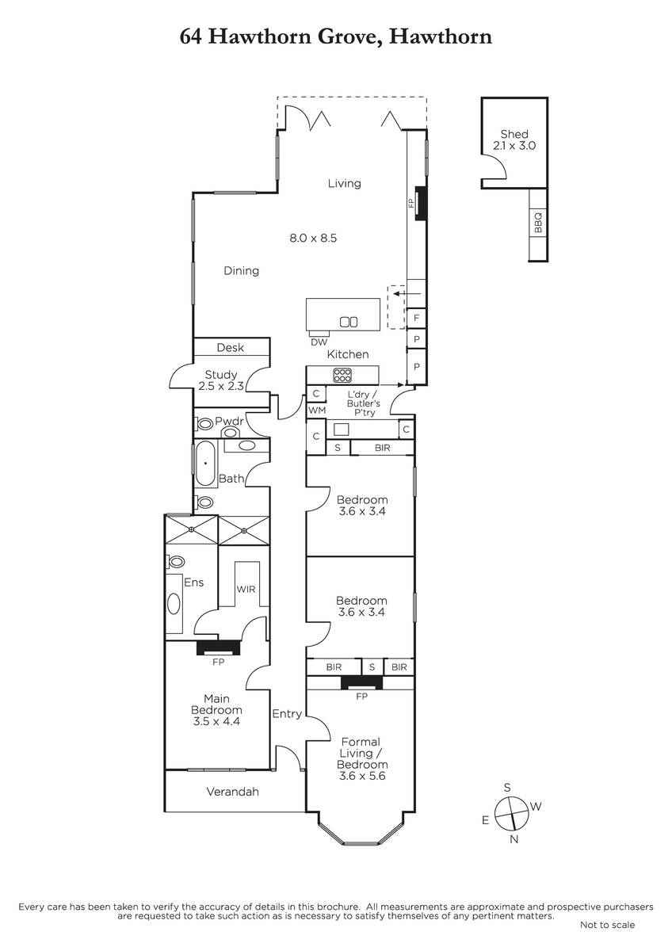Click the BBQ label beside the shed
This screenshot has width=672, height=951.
point(537,223)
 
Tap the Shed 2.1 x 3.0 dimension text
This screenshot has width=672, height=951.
point(514,146)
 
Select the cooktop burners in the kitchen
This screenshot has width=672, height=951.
point(342,375)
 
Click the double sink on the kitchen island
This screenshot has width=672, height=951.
point(349,323)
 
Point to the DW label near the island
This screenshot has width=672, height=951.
point(319,342)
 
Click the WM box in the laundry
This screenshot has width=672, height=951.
point(317,411)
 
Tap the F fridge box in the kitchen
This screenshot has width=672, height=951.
point(417,318)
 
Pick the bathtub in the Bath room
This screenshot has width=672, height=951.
point(206,463)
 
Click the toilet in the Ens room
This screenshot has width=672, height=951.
point(175,561)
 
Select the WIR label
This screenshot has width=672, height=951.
point(246,589)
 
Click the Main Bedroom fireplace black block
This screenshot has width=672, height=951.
point(218,648)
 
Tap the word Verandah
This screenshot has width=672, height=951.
point(233,792)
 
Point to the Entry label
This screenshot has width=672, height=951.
point(287,714)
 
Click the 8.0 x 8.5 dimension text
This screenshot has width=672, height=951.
point(313,238)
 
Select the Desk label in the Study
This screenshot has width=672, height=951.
point(230,347)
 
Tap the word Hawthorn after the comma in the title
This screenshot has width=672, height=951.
point(441,36)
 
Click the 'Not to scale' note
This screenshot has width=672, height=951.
point(608,925)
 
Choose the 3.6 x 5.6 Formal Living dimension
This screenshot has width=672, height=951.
point(362,776)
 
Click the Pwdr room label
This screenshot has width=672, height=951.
point(229,421)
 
